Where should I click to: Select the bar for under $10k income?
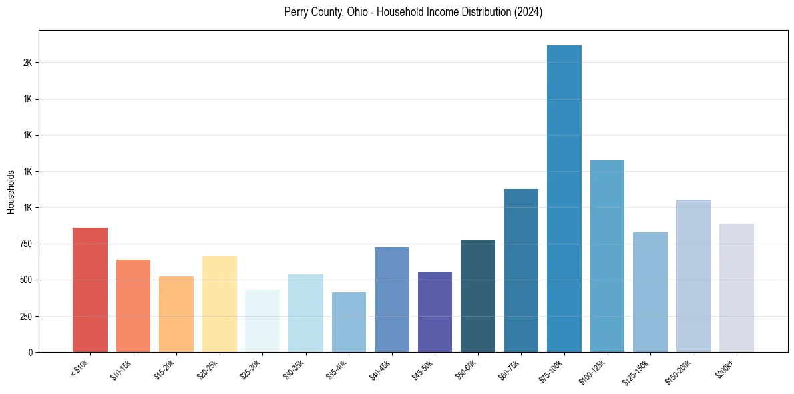[90, 290]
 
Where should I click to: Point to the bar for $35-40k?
[349, 322]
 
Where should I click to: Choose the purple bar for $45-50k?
[435, 312]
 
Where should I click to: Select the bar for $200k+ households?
[737, 288]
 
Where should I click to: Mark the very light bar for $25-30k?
[262, 321]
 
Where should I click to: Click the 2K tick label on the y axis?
[27, 63]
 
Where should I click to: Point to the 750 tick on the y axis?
[26, 244]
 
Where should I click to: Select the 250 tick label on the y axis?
[26, 316]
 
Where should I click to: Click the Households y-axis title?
[11, 192]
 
